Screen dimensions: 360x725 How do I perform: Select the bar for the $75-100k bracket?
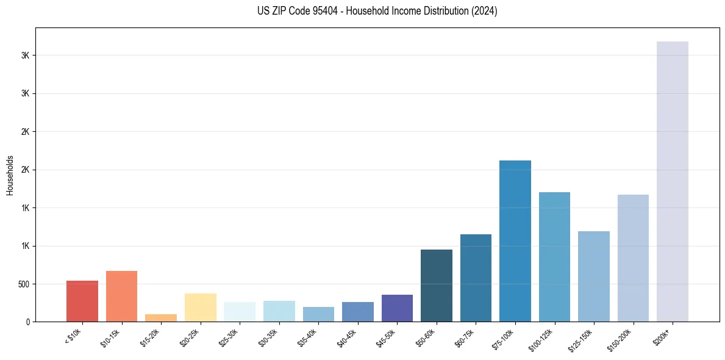(515, 241)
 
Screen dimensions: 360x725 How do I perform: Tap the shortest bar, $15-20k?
(161, 318)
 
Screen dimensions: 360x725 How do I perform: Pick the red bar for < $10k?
(82, 301)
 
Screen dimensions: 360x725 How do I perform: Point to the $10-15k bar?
(121, 296)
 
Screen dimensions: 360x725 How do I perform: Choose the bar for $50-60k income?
(436, 286)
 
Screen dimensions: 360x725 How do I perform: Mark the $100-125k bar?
(554, 257)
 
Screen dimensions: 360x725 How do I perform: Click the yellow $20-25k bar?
(200, 308)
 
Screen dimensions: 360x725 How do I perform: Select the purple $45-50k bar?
(397, 308)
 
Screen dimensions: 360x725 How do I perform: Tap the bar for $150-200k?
(633, 258)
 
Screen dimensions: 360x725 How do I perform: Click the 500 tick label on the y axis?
(24, 284)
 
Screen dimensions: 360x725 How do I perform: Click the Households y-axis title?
(10, 175)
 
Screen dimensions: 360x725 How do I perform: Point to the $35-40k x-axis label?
(309, 337)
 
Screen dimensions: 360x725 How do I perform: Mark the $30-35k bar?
(279, 311)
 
